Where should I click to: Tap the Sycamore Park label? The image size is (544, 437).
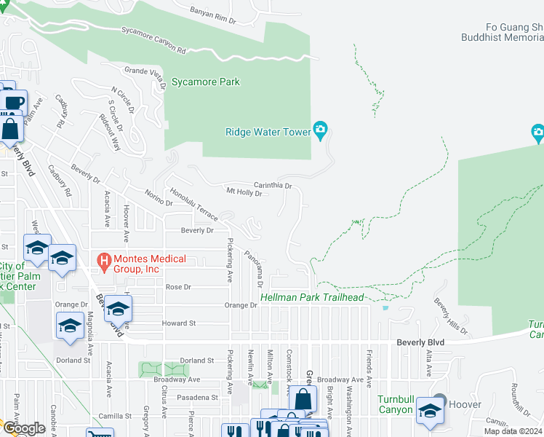pos(206,82)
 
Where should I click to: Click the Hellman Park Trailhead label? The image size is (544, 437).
pos(312,297)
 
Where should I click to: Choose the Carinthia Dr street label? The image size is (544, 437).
pos(272,186)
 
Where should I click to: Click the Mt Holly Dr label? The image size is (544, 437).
pos(244,193)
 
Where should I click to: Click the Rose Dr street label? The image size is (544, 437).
pos(178,287)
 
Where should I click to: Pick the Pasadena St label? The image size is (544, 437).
pos(199,398)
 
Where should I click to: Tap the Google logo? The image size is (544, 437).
pos(24,428)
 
